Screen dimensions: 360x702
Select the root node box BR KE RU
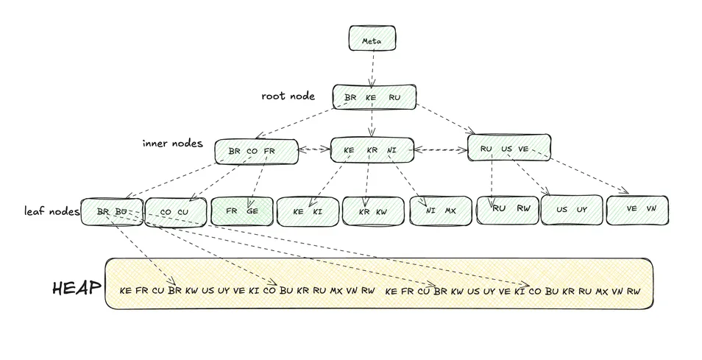click(374, 97)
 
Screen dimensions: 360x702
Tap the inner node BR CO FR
click(255, 151)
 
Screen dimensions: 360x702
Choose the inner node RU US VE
click(508, 148)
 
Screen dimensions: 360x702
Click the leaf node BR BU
click(111, 211)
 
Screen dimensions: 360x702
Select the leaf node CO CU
click(174, 211)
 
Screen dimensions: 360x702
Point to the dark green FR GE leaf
click(241, 211)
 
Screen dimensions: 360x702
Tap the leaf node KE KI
click(308, 211)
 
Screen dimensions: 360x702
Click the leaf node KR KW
click(373, 211)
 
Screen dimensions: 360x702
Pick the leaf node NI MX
click(440, 210)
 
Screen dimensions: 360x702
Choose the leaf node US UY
click(571, 210)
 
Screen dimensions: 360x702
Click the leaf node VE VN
click(637, 209)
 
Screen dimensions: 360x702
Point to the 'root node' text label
click(288, 96)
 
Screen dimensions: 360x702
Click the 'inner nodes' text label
click(172, 143)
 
